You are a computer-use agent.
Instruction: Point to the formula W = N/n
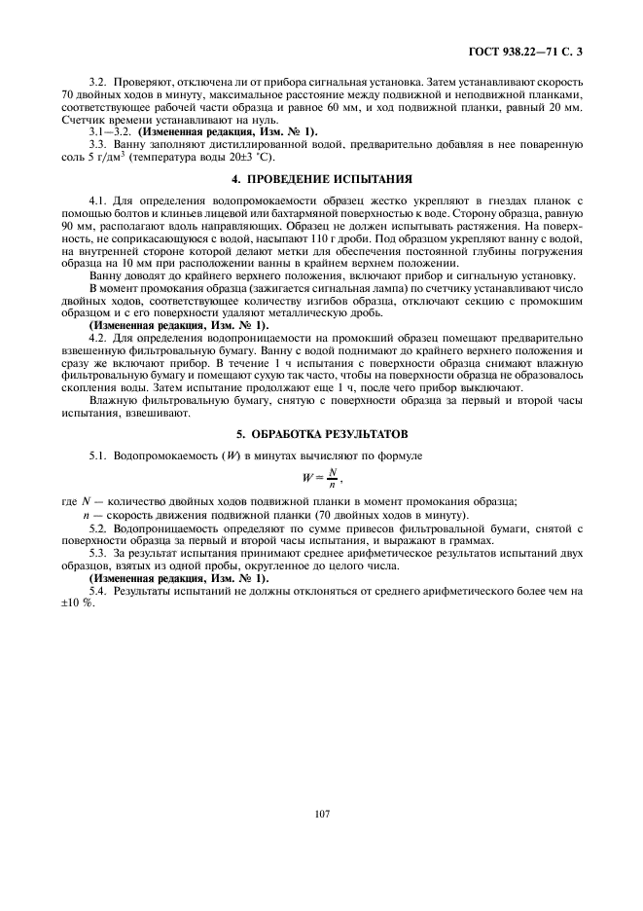321,477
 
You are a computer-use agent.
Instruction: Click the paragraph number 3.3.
99,143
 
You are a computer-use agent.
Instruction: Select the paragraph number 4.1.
99,200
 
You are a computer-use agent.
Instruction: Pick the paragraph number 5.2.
99,527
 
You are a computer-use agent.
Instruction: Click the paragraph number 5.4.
99,590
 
